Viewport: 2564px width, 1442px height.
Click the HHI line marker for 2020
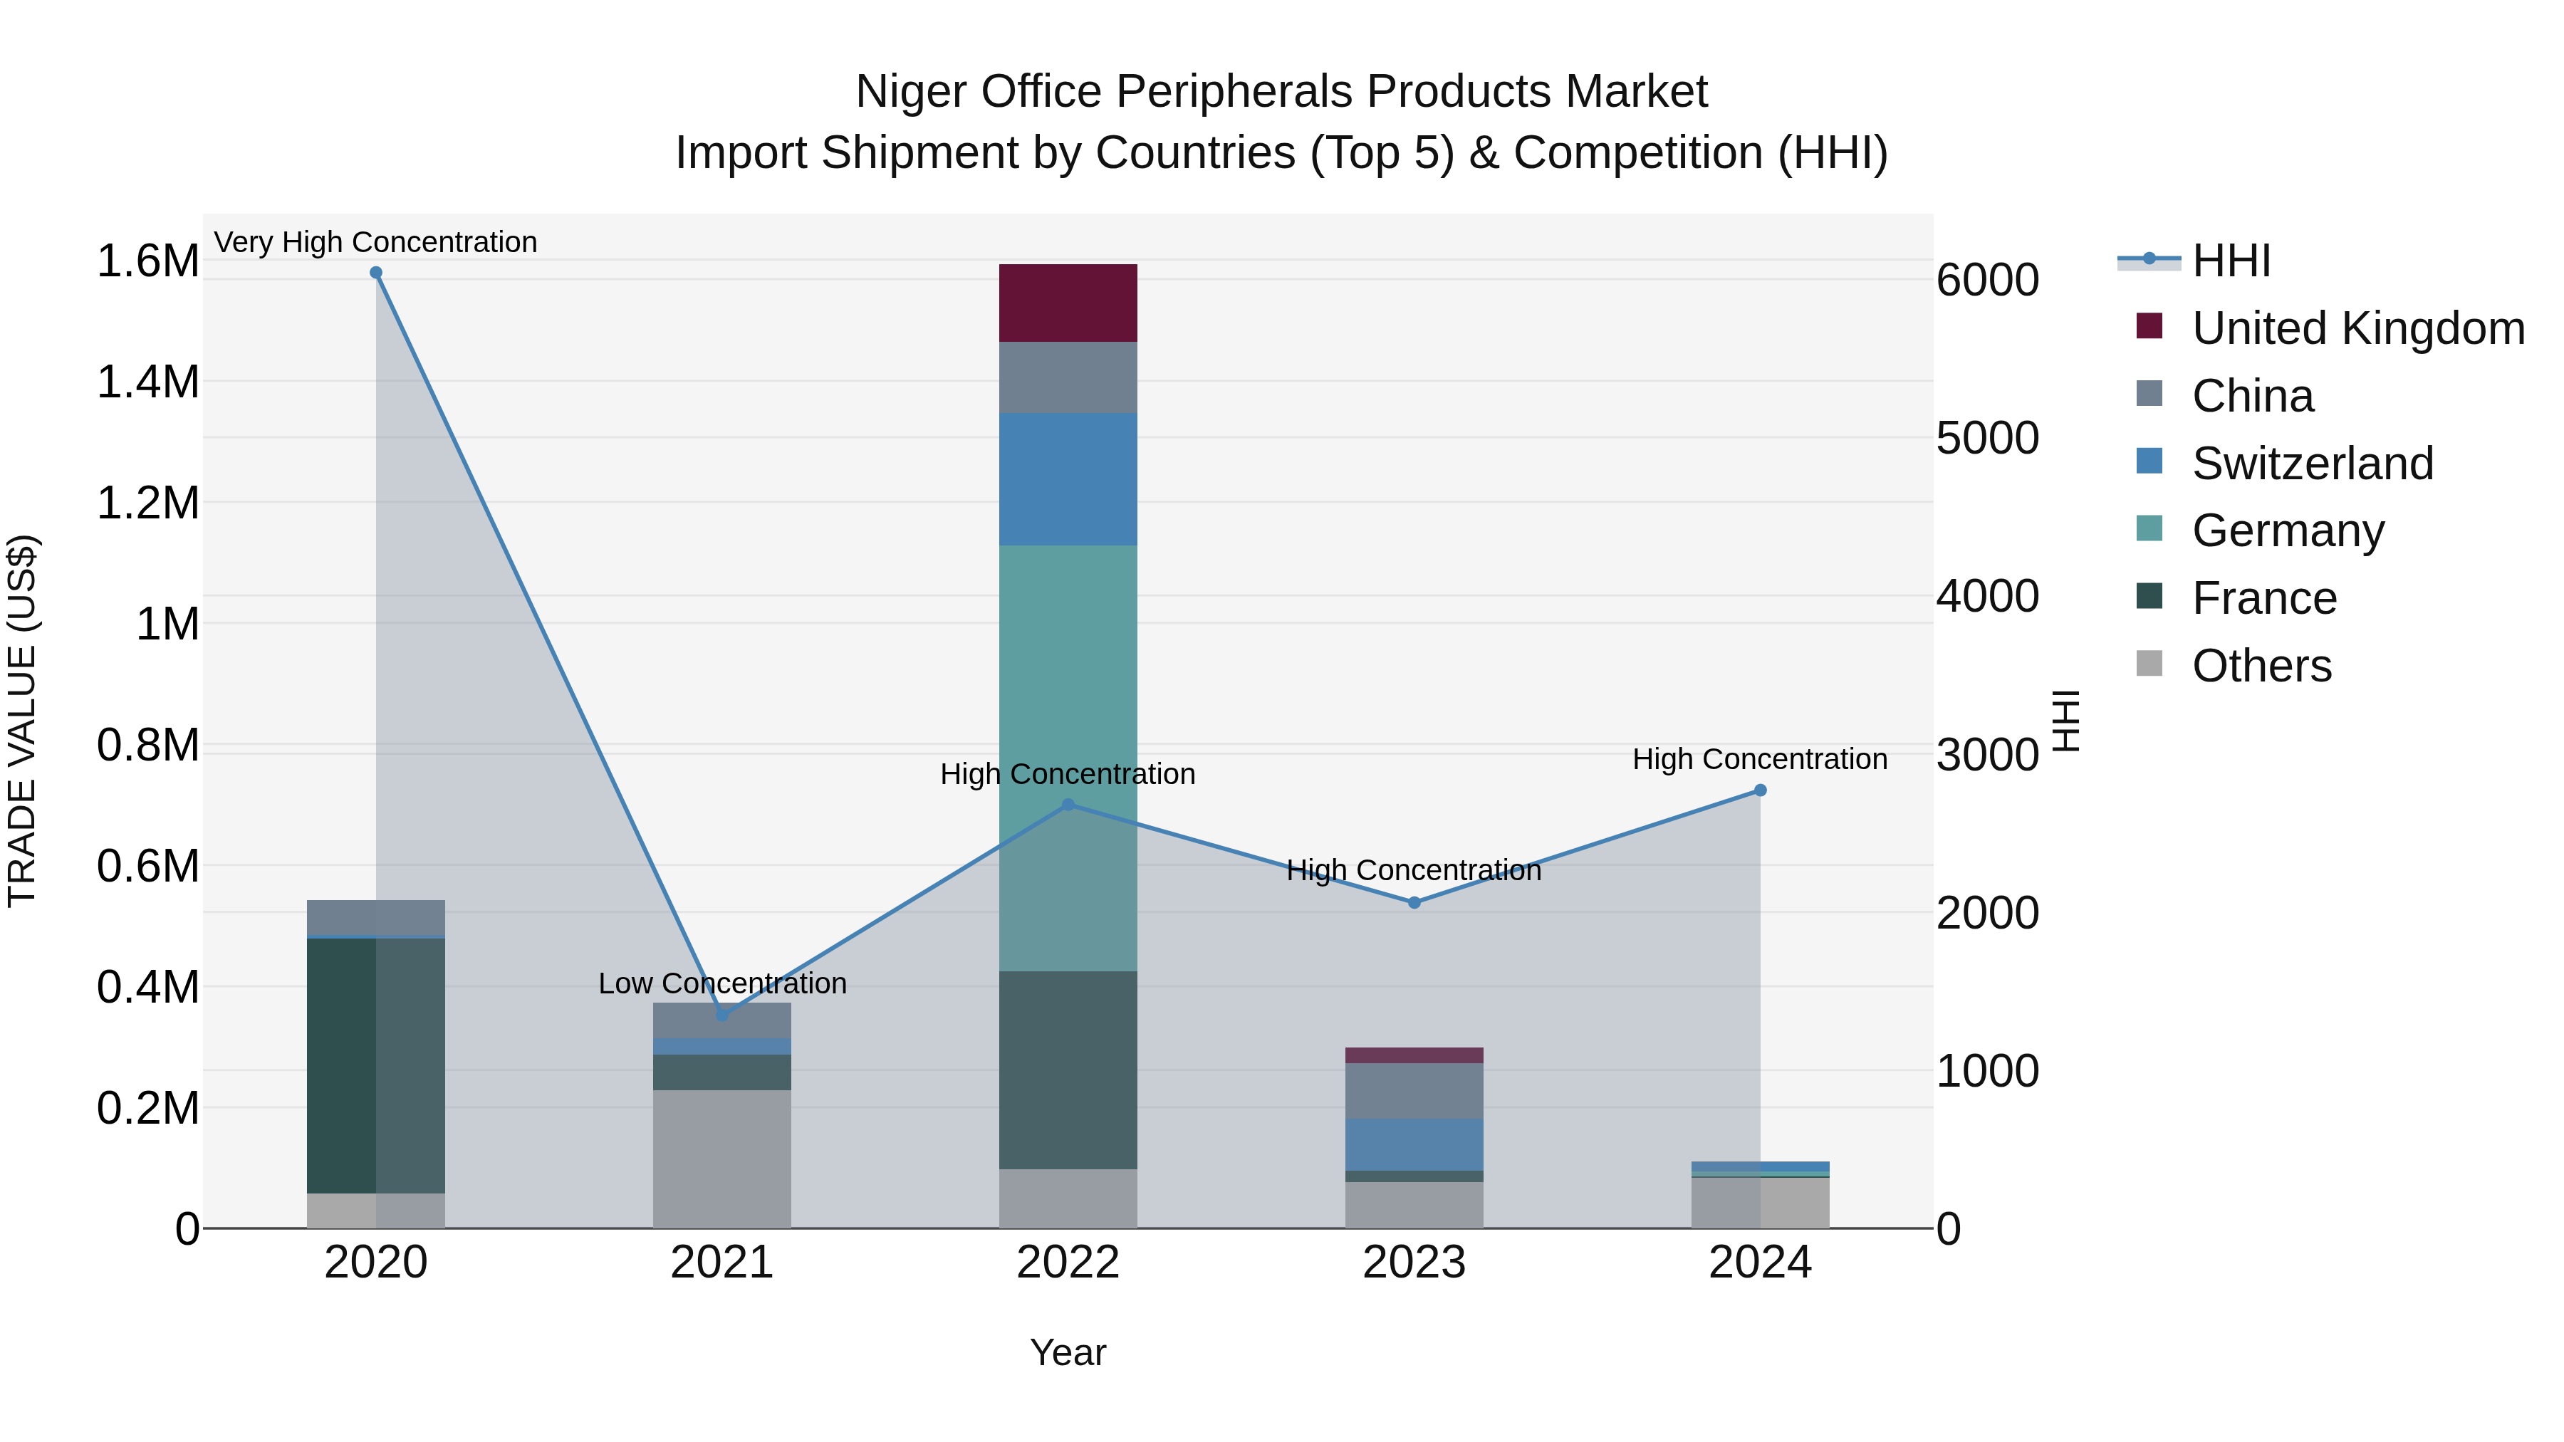pyautogui.click(x=375, y=273)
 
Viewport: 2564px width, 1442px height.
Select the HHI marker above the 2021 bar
pyautogui.click(x=723, y=1015)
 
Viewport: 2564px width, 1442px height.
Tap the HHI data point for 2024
pyautogui.click(x=1760, y=790)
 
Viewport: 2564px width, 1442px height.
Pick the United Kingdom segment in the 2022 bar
pyautogui.click(x=1068, y=303)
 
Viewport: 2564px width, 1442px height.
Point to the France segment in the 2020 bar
pyautogui.click(x=375, y=1065)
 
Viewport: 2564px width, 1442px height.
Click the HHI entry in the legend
pyautogui.click(x=2229, y=261)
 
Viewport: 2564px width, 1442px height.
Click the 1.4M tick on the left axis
pyautogui.click(x=148, y=382)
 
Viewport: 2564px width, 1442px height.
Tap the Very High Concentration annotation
pyautogui.click(x=375, y=242)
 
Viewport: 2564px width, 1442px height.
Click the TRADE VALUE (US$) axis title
pyautogui.click(x=22, y=721)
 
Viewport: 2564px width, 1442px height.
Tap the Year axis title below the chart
pyautogui.click(x=1068, y=1352)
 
